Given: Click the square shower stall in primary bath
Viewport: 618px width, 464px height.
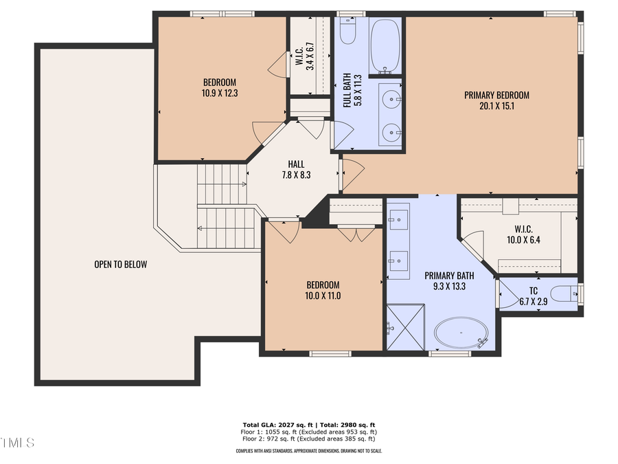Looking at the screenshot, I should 406,327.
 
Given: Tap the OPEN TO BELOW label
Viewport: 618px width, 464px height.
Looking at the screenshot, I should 121,264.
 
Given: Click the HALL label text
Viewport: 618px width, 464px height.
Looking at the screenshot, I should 296,164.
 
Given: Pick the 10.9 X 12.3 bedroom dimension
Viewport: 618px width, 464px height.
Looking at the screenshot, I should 220,93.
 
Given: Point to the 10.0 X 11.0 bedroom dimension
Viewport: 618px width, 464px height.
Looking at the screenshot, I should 323,296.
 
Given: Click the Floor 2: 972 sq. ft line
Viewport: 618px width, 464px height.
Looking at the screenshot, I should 308,439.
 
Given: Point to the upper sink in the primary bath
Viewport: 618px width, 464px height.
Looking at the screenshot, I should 398,221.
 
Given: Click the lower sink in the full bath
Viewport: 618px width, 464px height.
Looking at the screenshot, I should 391,129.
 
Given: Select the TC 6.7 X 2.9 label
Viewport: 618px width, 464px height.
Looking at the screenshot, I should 534,296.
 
